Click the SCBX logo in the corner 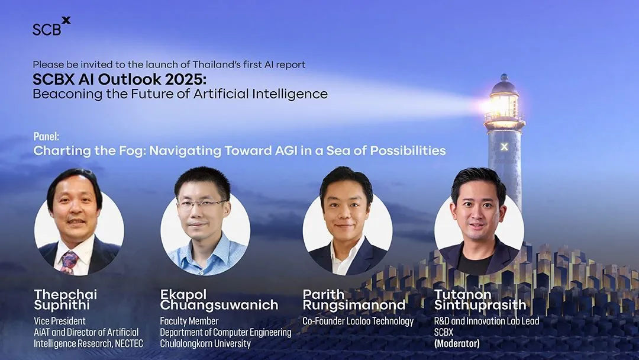click(51, 27)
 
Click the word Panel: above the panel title click(46, 137)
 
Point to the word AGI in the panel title click(286, 151)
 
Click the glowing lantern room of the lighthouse click(504, 107)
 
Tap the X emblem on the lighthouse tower click(504, 147)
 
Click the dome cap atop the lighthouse click(504, 85)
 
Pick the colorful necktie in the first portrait click(69, 262)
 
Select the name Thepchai click(66, 294)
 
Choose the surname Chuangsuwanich click(219, 305)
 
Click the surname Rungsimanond click(354, 305)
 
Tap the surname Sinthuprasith click(480, 305)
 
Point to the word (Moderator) click(457, 343)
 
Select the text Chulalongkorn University click(205, 343)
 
